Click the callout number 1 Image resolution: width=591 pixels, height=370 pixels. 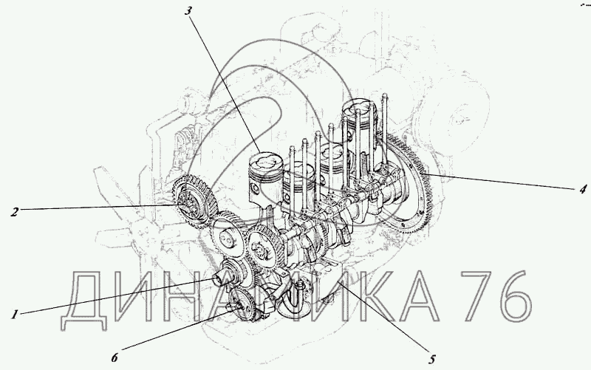tap(14, 314)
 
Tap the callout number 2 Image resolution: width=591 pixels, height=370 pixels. tap(14, 212)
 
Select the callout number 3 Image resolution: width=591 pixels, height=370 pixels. tap(188, 10)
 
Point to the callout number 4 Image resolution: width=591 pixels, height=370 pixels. tap(584, 188)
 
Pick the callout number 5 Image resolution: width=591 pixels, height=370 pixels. tap(432, 359)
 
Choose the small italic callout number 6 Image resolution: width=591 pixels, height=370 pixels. tap(115, 357)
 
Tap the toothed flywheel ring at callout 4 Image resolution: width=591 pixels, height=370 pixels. tap(405, 185)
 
